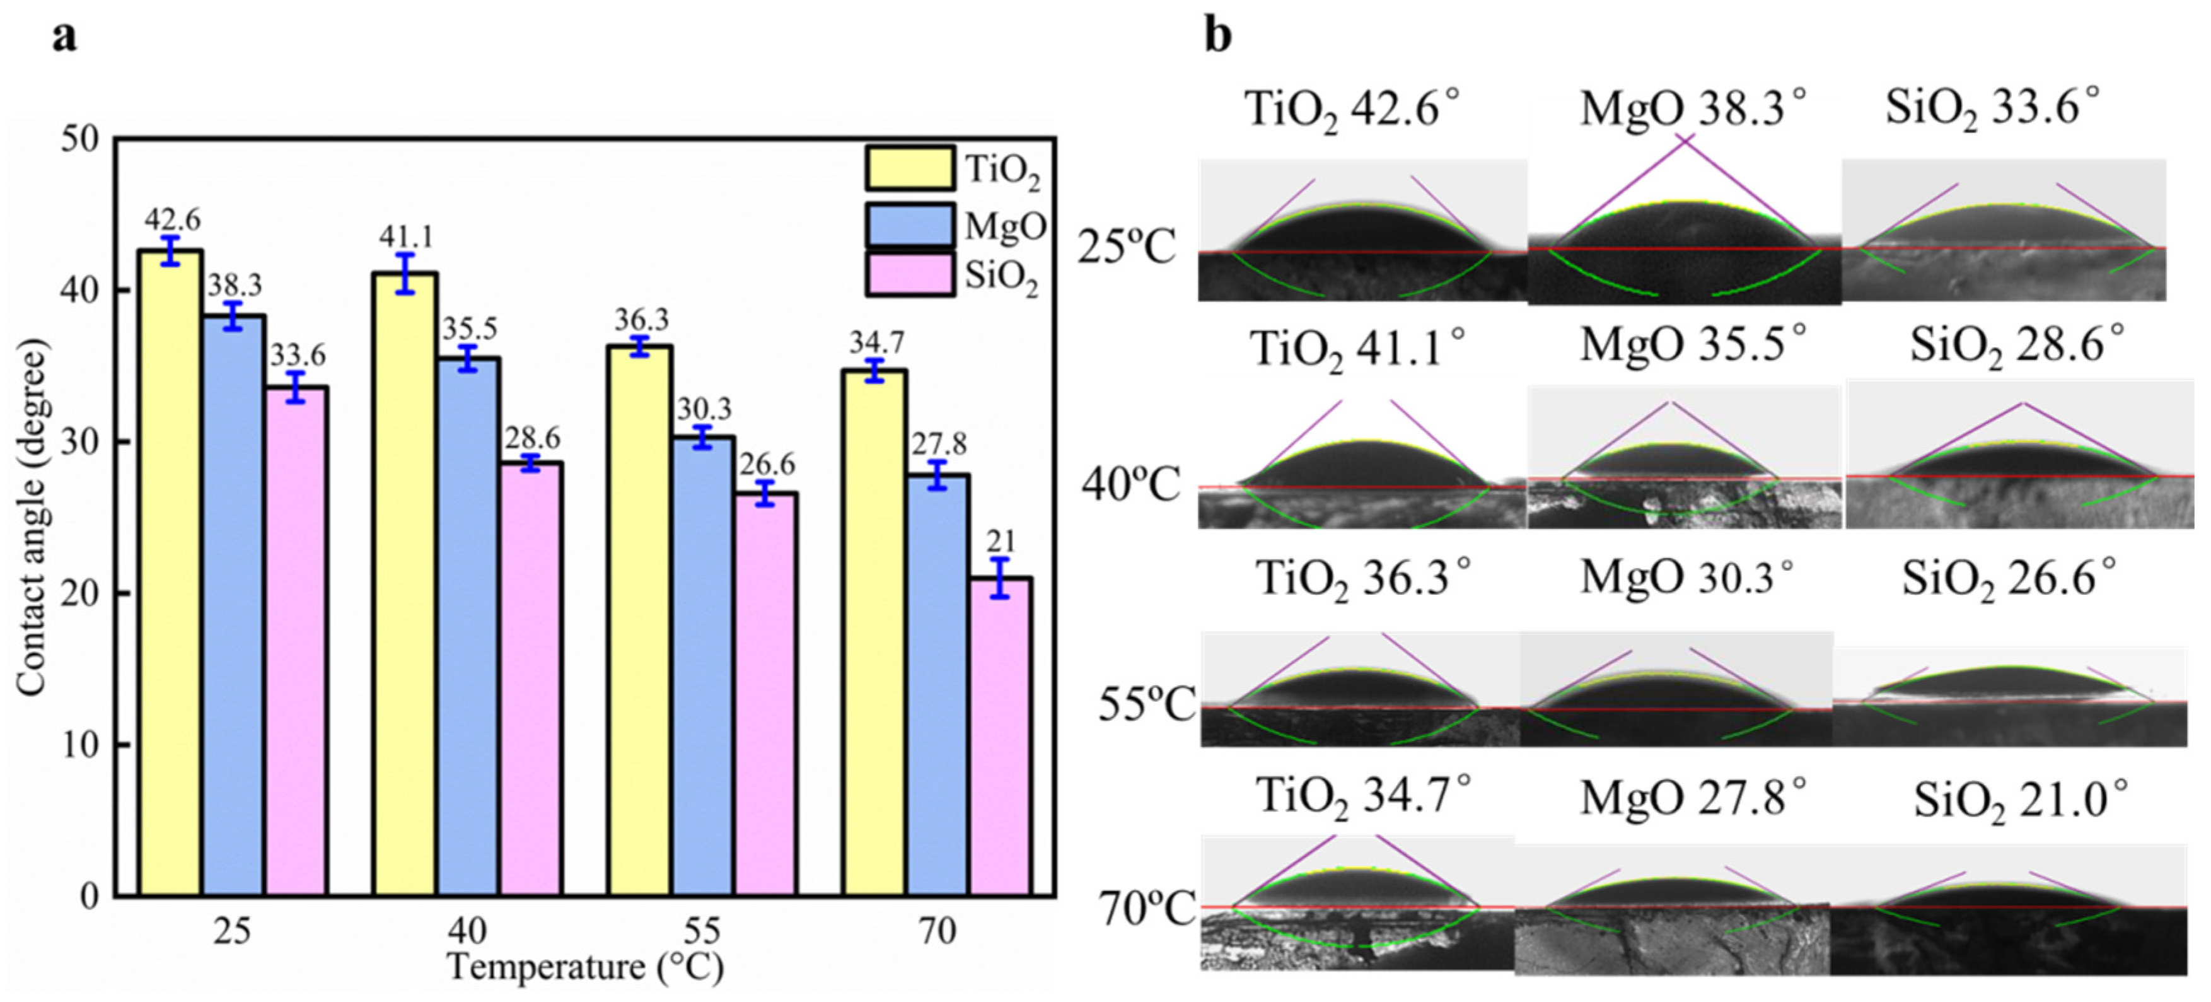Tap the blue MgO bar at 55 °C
pos(703,665)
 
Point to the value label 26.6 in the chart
pos(767,465)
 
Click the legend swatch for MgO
pos(909,226)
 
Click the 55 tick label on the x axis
pos(702,931)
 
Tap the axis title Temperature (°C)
pos(584,967)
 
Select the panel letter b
pos(1218,36)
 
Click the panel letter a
pos(64,36)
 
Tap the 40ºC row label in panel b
pos(1131,484)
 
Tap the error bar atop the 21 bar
pos(1000,577)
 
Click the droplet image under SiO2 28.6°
pos(2019,455)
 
